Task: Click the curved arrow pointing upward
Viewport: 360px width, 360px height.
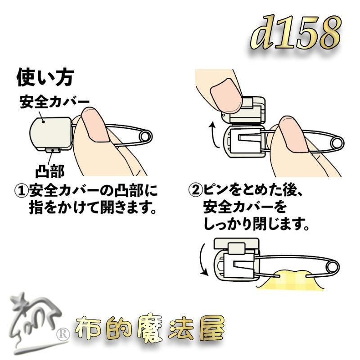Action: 215,135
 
